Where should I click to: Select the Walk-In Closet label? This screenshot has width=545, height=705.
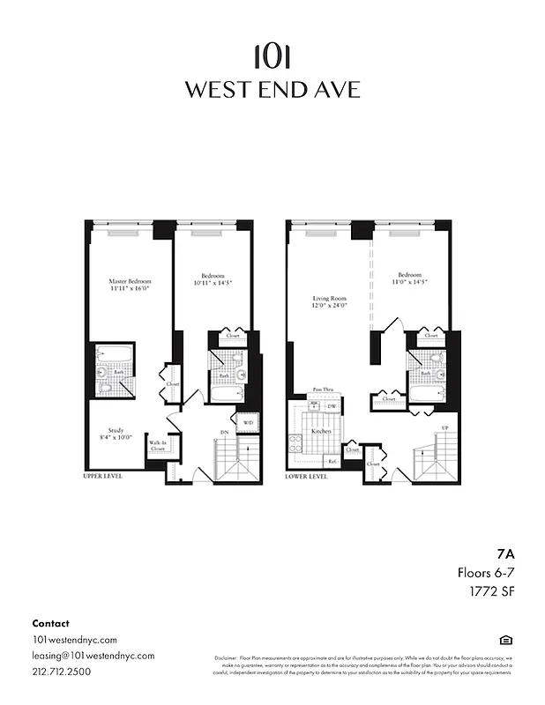pos(158,446)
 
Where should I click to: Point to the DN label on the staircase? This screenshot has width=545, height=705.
pos(225,433)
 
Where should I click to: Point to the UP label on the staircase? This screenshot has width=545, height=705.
pos(444,428)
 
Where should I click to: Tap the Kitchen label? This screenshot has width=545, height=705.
pos(321,431)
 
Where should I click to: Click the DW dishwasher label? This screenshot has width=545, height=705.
pos(332,405)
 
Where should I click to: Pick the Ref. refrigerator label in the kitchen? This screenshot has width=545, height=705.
pos(332,460)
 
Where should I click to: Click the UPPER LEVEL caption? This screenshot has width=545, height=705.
pos(102,476)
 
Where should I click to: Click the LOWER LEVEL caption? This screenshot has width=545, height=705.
pos(307,476)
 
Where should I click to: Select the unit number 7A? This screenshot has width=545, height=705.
pos(504,555)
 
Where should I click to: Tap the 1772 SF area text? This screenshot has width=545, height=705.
pos(490,590)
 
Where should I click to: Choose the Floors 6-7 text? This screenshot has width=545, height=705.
pos(484,573)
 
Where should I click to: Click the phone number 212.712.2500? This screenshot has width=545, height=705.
pos(61,672)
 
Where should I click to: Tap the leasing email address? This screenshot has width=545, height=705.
pos(93,656)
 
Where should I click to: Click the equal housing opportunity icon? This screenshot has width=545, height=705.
pos(505,640)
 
